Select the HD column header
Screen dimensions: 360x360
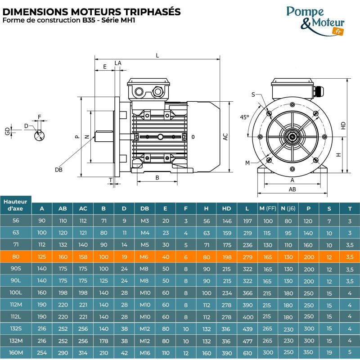coord(226,208)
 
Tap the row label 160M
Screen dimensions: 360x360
coord(16,352)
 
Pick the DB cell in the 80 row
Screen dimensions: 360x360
coord(144,257)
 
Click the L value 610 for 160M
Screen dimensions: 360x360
coord(247,352)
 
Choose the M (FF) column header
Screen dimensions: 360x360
coord(268,208)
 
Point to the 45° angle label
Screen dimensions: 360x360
coord(244,117)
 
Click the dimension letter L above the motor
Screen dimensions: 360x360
coord(157,55)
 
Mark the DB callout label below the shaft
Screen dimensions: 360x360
coord(58,170)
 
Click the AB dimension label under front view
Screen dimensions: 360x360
coord(292,189)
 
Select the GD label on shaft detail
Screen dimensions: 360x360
coord(7,130)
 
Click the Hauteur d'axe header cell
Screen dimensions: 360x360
coord(16,205)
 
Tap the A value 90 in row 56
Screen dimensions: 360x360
coord(42,221)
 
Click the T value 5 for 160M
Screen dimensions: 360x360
coord(350,352)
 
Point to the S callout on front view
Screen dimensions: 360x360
coord(253,94)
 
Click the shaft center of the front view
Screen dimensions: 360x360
coord(292,134)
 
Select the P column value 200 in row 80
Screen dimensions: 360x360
coord(309,257)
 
